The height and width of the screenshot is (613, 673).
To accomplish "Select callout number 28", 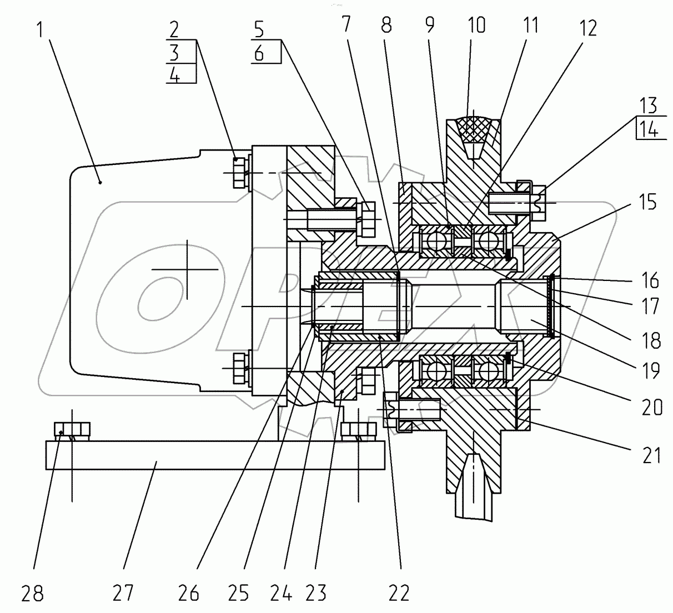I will coord(32,594).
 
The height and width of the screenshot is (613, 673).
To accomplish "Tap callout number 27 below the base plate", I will coord(123,594).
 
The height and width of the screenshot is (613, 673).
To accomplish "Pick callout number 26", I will coord(189,594).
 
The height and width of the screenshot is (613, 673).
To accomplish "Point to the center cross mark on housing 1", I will coord(187,269).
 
